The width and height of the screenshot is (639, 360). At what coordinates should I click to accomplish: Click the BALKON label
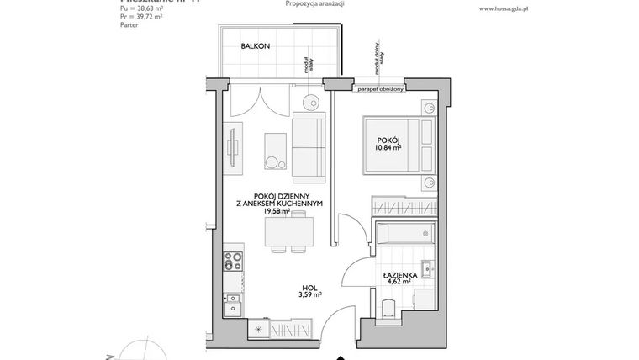(254, 46)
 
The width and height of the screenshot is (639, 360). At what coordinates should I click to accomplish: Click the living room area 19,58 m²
(275, 211)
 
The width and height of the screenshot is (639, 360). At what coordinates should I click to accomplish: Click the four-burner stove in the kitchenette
(232, 260)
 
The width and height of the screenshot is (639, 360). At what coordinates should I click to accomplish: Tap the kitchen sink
(233, 300)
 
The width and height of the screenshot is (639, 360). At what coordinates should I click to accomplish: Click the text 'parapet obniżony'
(380, 87)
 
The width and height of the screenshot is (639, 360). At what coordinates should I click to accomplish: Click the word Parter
(129, 26)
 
